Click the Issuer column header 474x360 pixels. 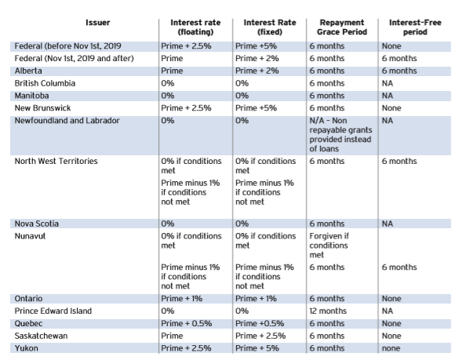coord(97,23)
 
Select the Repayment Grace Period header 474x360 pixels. coord(342,27)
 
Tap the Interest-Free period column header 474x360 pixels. coord(415,27)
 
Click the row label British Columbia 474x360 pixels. coord(45,83)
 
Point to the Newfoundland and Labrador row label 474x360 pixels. coord(67,121)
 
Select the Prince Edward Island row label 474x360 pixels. coord(53,311)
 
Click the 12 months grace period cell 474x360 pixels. coord(328,311)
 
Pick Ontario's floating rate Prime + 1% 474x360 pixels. coord(182,298)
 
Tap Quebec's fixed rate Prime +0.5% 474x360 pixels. coord(260,323)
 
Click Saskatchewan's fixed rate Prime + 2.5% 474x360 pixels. coord(261,336)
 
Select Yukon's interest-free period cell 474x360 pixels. coord(391,348)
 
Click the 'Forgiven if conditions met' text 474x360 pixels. coord(329,245)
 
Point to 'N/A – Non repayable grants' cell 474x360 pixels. coord(341,134)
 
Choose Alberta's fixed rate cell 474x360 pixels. coord(257,71)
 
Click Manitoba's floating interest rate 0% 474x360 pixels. coord(168,96)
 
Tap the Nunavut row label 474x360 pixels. coord(30,236)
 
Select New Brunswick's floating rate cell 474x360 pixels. coord(186,108)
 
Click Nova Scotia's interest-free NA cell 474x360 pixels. coord(387,224)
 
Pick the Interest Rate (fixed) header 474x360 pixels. coord(270,27)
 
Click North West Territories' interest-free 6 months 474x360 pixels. coord(399,161)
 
